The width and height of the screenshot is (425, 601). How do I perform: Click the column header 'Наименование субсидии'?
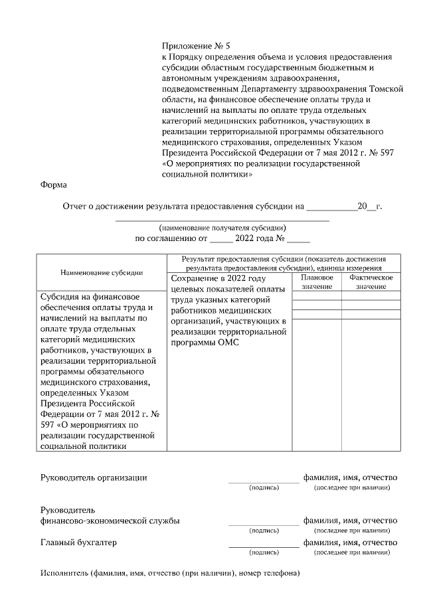pos(102,272)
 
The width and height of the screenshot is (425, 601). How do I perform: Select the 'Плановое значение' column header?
pos(317,282)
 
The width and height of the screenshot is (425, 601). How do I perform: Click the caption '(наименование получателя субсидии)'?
pos(222,227)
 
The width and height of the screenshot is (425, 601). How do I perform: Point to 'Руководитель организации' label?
pos(94,477)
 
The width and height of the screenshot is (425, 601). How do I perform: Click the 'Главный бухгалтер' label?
pos(78,542)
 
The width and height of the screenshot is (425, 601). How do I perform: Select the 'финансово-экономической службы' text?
pos(110,521)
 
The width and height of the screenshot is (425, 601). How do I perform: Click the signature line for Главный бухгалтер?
pos(264,547)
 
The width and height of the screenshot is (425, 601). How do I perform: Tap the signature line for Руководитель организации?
pos(264,481)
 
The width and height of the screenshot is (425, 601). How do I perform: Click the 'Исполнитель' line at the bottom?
pos(170,572)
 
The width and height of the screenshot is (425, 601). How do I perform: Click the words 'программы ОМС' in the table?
pos(204,343)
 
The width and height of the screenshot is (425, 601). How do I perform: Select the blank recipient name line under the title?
pos(222,220)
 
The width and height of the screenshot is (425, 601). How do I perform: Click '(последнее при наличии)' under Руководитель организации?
pos(351,487)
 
